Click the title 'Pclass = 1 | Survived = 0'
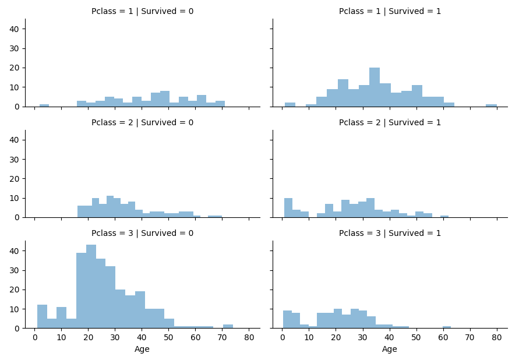142,11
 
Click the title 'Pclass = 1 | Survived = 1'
390,11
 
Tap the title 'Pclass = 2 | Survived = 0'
142,122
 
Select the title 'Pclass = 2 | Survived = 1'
390,122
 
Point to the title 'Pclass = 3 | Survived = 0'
142,233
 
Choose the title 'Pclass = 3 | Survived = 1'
390,233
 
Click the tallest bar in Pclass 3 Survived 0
91,287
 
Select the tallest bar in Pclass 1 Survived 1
375,87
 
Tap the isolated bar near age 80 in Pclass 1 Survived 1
492,105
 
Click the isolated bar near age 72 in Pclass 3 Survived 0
228,326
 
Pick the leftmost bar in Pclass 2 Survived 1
288,208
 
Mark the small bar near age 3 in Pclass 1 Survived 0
44,105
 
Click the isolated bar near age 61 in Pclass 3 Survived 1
447,327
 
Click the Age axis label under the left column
142,349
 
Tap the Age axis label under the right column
390,349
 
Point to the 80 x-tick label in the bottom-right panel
497,337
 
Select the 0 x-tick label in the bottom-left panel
35,337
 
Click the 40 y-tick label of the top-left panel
15,29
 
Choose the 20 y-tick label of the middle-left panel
15,179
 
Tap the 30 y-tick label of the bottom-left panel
15,271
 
